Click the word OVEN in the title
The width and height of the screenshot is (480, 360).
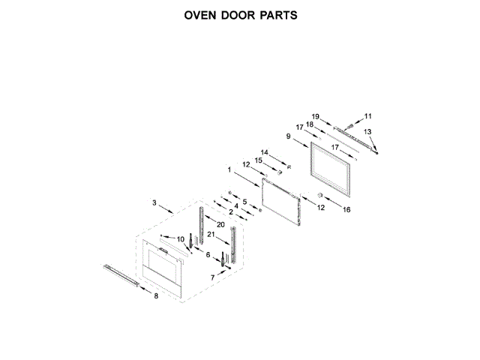point(199,15)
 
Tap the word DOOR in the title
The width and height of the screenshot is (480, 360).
point(236,15)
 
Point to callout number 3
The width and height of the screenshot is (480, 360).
point(154,202)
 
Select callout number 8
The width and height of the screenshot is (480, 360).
point(156,296)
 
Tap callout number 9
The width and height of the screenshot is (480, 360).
point(289,136)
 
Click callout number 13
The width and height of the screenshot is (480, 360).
point(367,132)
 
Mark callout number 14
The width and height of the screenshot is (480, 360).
point(263,152)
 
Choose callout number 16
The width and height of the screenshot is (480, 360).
point(346,211)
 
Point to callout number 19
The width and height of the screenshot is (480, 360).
point(316,116)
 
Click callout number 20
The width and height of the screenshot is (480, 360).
point(220,225)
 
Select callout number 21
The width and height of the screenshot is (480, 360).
point(211,235)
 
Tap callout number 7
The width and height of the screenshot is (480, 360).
point(212,277)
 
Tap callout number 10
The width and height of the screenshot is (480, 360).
point(181,239)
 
